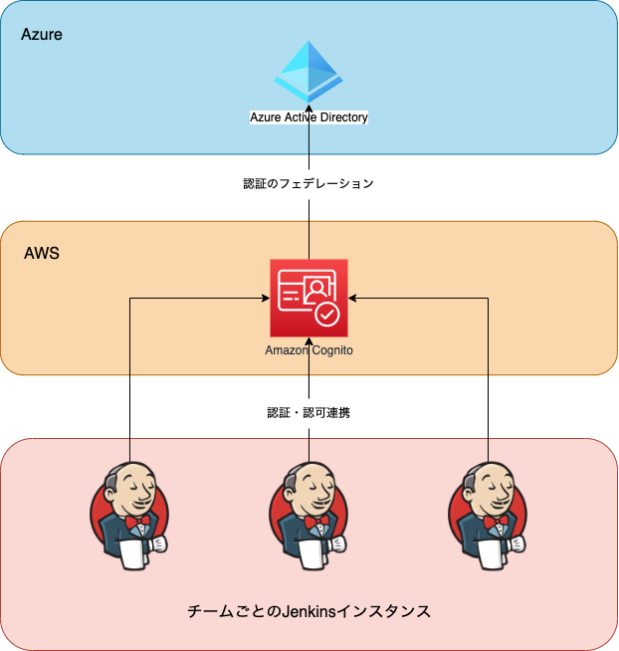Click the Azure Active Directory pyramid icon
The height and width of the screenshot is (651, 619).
coord(309,72)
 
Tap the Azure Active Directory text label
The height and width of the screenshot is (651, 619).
coord(309,117)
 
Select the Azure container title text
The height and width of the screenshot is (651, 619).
coord(42,34)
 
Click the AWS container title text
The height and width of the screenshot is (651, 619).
coord(42,253)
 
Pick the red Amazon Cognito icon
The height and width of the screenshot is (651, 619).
coord(309,298)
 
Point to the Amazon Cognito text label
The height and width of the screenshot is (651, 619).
coord(309,350)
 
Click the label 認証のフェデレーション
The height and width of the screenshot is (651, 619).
coord(309,183)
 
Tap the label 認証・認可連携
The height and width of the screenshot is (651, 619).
coord(309,413)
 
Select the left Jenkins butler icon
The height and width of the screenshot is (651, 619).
coord(129,516)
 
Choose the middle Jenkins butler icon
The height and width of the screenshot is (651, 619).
coord(309,516)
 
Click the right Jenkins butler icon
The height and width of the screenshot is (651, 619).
coord(488,516)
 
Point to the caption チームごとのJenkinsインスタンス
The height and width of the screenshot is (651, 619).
coord(309,611)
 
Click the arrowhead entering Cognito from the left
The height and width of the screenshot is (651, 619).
coord(266,298)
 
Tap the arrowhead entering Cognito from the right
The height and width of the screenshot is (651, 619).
coord(352,298)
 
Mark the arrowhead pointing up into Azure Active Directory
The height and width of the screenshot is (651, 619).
coord(309,108)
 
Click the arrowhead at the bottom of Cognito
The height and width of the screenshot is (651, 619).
coord(309,341)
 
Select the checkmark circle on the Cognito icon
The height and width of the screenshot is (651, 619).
coord(327,315)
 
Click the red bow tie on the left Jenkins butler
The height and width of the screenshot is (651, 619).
coord(137,522)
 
